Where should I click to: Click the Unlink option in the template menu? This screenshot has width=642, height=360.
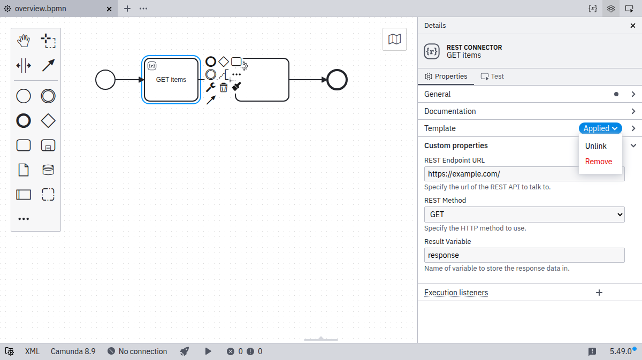(x=595, y=146)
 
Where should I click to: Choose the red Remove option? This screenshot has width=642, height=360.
(x=599, y=162)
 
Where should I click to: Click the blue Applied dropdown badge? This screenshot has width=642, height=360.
(x=600, y=128)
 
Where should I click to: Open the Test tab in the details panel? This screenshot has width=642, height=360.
(x=492, y=76)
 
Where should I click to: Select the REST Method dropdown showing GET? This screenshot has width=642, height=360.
(x=524, y=215)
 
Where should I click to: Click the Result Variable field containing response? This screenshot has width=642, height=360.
(x=524, y=255)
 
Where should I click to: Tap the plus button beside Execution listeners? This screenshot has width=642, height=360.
(x=599, y=293)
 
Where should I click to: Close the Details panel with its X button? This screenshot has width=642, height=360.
(x=633, y=26)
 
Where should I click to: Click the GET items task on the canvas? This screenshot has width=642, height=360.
(x=171, y=80)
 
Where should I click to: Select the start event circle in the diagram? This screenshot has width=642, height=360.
(x=105, y=80)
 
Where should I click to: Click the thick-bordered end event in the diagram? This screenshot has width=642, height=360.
(x=337, y=80)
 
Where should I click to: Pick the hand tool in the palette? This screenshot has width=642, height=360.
(x=24, y=41)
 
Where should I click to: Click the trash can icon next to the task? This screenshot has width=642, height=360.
(x=224, y=87)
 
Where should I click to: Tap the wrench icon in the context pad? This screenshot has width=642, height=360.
(x=211, y=87)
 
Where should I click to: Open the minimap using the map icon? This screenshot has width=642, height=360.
(x=394, y=39)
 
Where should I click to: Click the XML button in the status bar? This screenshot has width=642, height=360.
(x=32, y=351)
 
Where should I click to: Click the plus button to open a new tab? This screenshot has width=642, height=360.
(x=127, y=9)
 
